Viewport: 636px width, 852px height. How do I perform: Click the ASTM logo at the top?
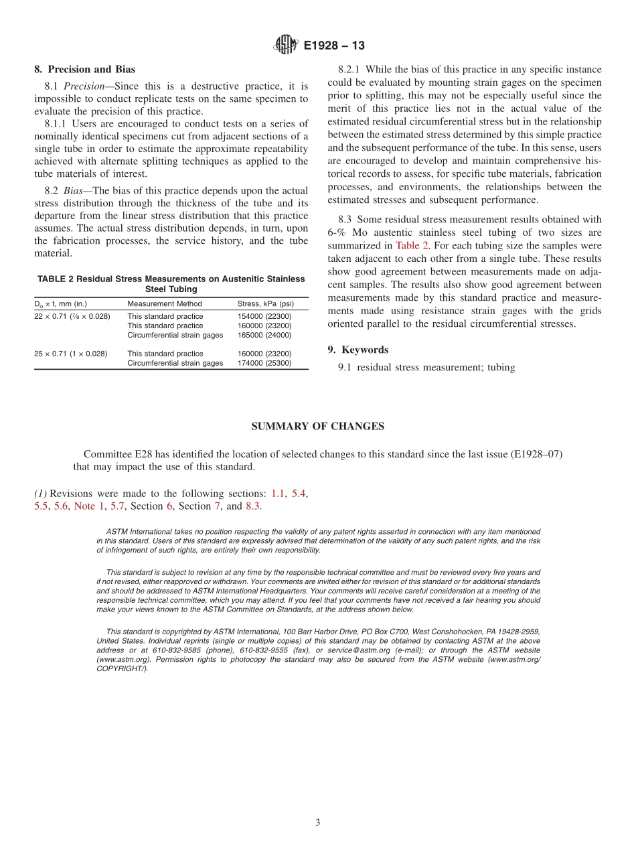[x=286, y=46]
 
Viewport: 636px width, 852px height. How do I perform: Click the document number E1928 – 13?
[x=333, y=46]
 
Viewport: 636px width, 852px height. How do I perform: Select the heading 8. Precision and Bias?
[x=84, y=69]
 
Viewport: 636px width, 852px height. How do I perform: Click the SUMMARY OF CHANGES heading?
[x=317, y=426]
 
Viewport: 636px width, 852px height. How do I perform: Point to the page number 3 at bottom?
[x=318, y=823]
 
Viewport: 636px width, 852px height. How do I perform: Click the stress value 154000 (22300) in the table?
[x=264, y=316]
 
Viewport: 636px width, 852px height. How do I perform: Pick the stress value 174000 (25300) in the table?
[x=264, y=363]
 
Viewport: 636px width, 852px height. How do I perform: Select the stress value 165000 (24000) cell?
[x=264, y=335]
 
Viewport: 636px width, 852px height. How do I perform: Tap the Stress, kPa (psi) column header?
[x=266, y=303]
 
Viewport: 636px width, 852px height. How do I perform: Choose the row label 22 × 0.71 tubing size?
[x=72, y=316]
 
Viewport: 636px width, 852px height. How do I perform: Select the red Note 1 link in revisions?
[x=84, y=506]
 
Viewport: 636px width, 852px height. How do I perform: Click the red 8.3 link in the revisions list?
[x=252, y=506]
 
